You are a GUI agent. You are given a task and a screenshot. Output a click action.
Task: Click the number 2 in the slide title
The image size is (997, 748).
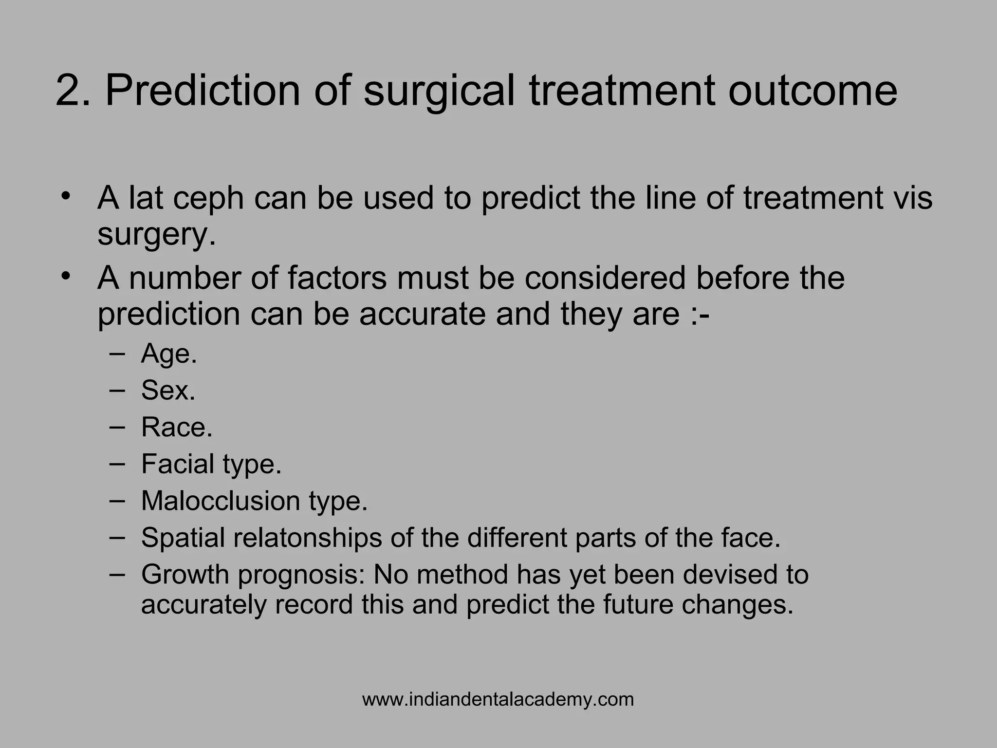click(x=68, y=91)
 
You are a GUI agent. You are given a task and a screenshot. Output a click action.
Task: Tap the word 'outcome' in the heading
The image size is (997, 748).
click(x=812, y=91)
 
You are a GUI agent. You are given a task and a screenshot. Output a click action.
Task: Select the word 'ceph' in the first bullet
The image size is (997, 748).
click(x=208, y=199)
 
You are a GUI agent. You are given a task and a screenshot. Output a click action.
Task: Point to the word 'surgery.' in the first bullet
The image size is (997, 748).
click(x=156, y=235)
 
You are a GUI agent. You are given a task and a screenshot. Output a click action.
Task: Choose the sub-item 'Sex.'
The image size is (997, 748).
click(x=168, y=390)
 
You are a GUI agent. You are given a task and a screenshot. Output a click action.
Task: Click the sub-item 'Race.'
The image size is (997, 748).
click(x=177, y=427)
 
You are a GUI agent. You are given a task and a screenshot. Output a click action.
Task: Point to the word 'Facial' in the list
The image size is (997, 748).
click(x=178, y=464)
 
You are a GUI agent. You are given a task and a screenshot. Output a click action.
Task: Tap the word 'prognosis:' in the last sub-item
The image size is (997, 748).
click(x=302, y=575)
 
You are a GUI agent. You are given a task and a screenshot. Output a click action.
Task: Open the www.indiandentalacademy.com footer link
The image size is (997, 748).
click(x=498, y=699)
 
